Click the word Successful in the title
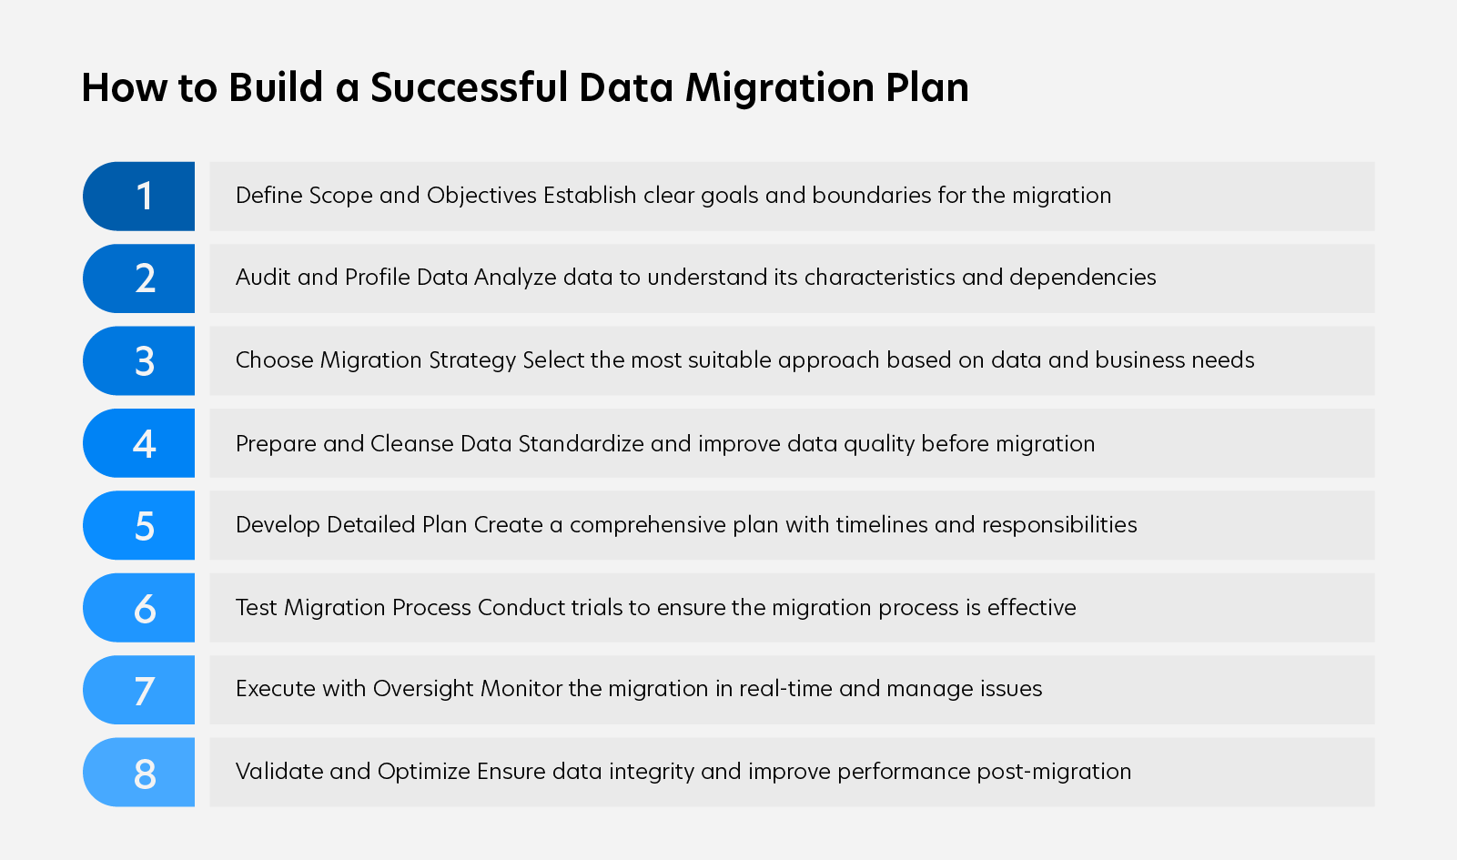click(x=469, y=87)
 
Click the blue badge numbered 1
click(x=138, y=196)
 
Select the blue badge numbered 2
click(x=138, y=278)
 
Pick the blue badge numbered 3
click(x=138, y=360)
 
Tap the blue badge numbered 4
click(x=138, y=443)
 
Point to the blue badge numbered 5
click(x=138, y=525)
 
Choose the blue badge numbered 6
click(x=138, y=608)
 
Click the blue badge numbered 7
click(x=138, y=690)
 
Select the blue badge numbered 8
click(x=138, y=772)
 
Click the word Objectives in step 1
click(x=481, y=196)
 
